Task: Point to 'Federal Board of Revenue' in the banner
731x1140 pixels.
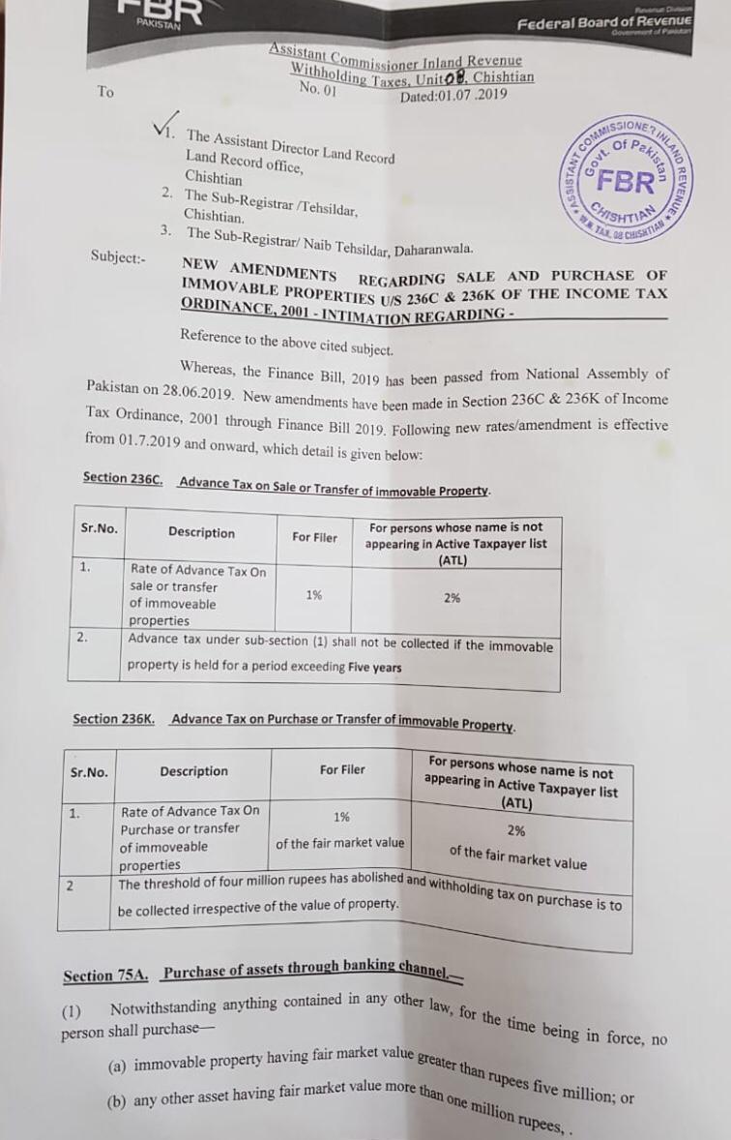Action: [604, 22]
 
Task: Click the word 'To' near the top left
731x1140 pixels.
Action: [105, 92]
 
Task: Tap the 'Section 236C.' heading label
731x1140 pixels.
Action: [123, 478]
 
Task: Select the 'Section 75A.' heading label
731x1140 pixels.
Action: [105, 975]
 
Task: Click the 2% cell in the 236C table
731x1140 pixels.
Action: [453, 598]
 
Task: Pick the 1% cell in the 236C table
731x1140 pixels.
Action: [314, 595]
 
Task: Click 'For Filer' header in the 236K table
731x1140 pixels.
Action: [342, 770]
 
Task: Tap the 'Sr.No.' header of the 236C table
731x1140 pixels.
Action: [99, 529]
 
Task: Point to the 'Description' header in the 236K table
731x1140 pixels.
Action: [193, 771]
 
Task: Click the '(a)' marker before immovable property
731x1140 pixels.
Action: [117, 1066]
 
